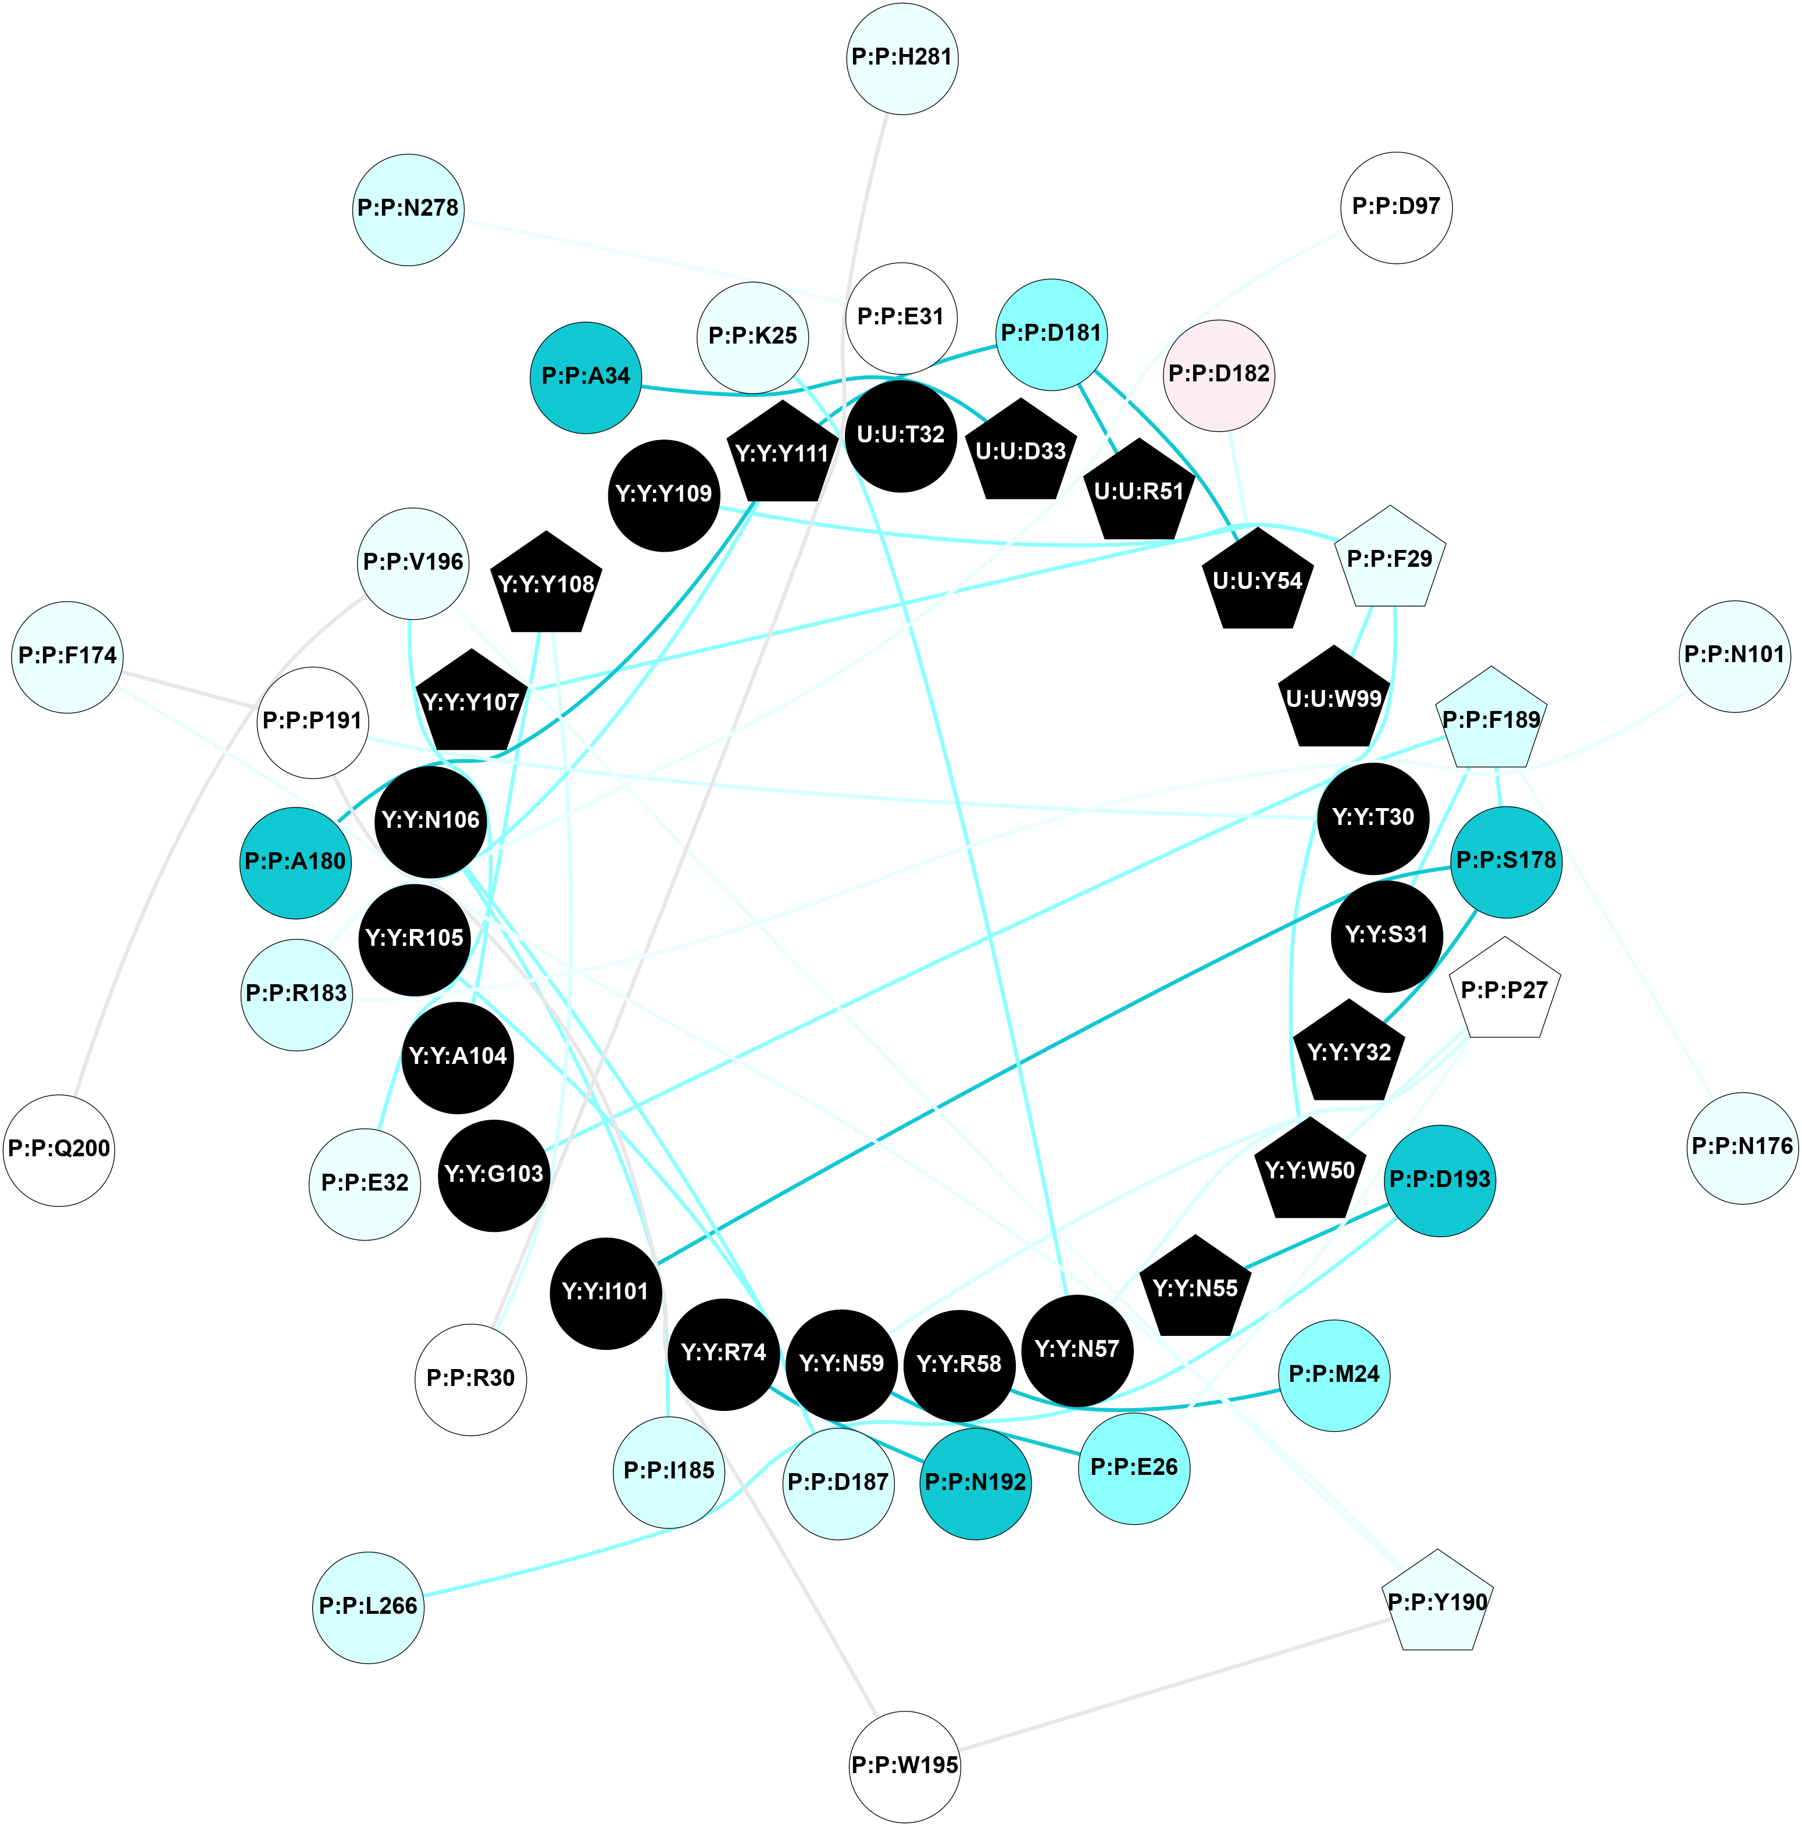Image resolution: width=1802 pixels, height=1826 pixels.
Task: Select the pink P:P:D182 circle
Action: click(x=1219, y=374)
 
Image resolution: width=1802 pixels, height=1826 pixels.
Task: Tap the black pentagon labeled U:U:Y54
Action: click(x=1257, y=580)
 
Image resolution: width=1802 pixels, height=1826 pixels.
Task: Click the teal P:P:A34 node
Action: click(x=586, y=377)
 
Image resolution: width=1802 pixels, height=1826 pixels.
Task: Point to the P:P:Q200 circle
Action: click(x=59, y=1149)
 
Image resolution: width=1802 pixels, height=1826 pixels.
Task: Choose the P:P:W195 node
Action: click(x=905, y=1764)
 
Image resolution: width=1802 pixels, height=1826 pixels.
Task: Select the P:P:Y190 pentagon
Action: click(x=1437, y=1603)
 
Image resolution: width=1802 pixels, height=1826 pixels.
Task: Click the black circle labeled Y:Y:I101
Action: click(x=605, y=1292)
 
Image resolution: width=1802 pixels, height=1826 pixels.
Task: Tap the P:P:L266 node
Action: click(x=367, y=1606)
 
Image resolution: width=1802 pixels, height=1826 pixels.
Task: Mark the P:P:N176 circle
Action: click(x=1742, y=1148)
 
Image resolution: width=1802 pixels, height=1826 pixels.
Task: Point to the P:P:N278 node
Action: click(x=408, y=209)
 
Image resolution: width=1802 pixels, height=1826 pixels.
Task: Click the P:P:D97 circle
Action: click(x=1396, y=207)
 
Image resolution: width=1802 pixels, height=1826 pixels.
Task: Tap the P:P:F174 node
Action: click(x=67, y=656)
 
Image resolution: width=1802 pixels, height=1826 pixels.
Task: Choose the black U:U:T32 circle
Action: click(x=900, y=435)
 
